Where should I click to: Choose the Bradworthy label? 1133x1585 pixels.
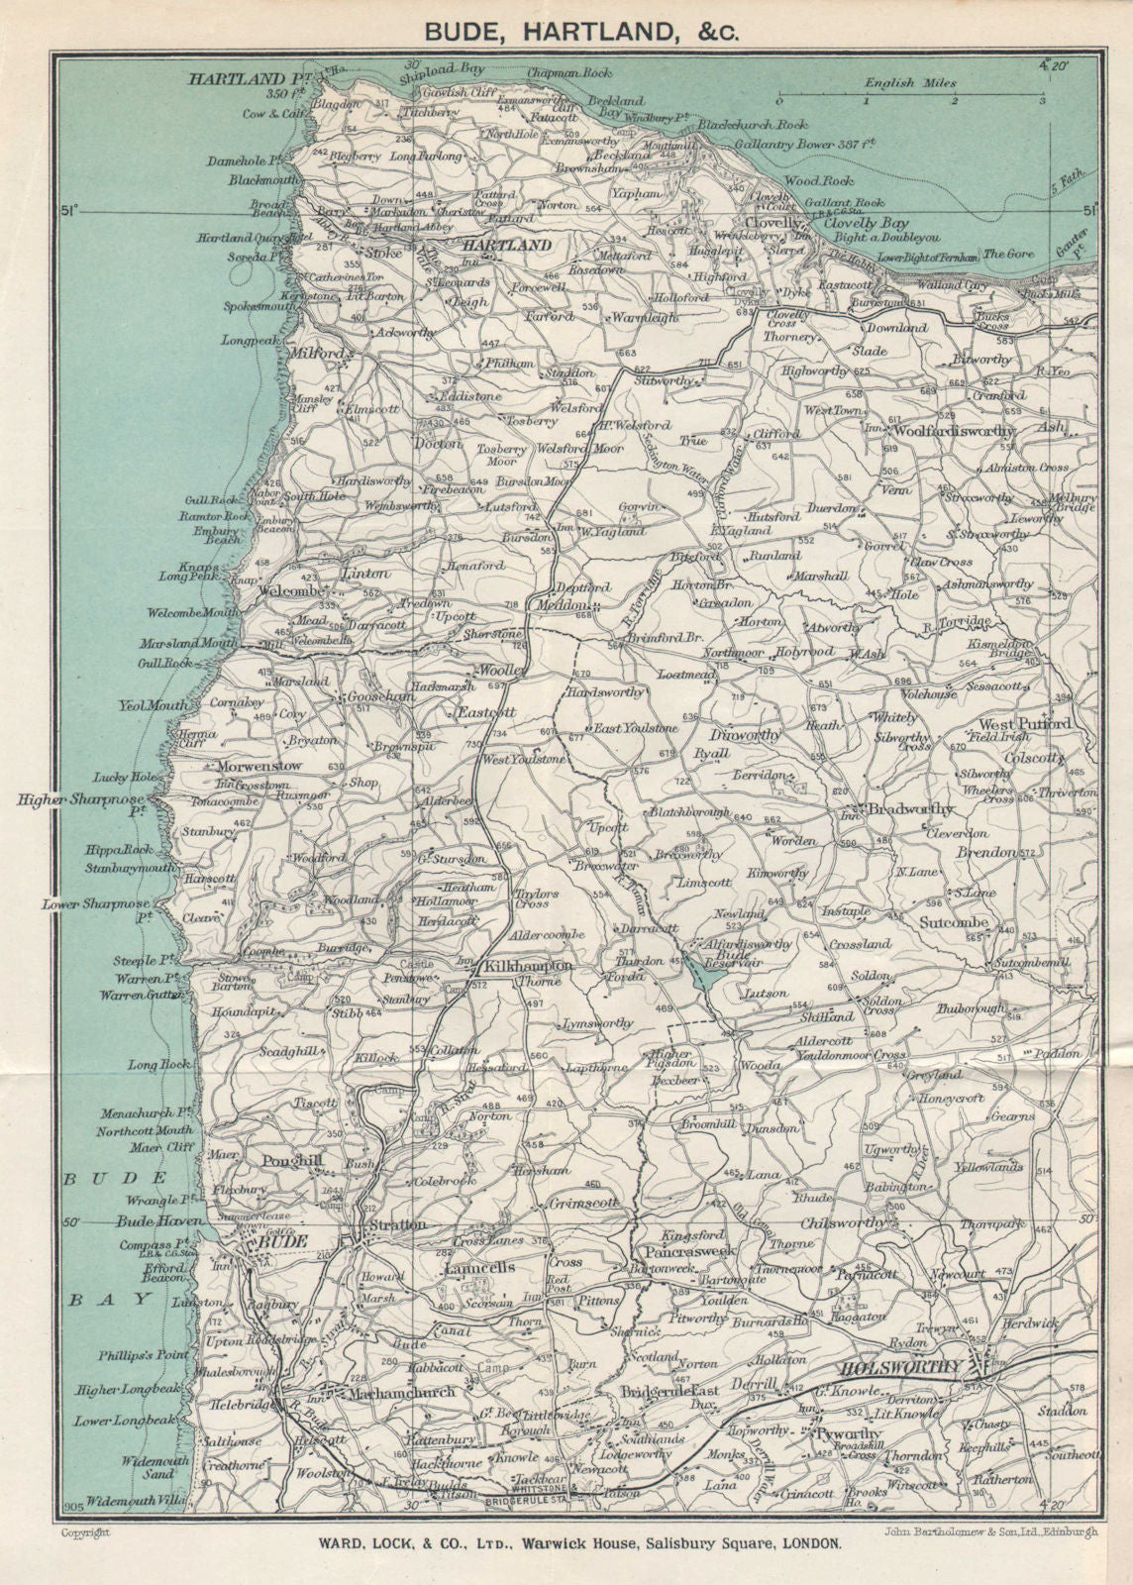910,809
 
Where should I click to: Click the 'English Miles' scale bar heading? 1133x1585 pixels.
902,83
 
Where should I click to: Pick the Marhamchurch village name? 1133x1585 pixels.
403,1392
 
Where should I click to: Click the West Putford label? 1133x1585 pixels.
1024,724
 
